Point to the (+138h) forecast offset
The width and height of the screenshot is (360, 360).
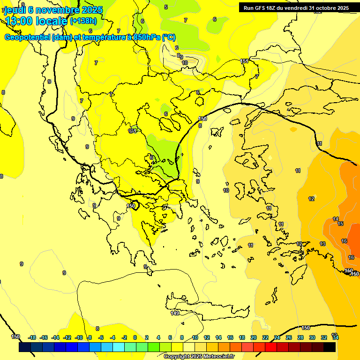tap(83, 21)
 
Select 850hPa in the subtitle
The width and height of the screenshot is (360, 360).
tap(145, 37)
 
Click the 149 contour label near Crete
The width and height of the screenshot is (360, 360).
tap(175, 313)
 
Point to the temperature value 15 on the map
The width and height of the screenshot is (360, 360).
tap(340, 224)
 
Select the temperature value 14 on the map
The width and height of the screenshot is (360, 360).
tap(336, 219)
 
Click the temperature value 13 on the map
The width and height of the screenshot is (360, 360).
tap(322, 244)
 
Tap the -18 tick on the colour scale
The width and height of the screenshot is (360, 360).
tap(32, 337)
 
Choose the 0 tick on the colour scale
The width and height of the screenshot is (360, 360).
tap(135, 337)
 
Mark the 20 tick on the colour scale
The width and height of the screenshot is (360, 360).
tap(254, 337)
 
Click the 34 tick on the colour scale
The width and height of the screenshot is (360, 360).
tap(335, 337)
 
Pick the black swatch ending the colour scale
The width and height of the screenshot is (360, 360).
tap(330, 347)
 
